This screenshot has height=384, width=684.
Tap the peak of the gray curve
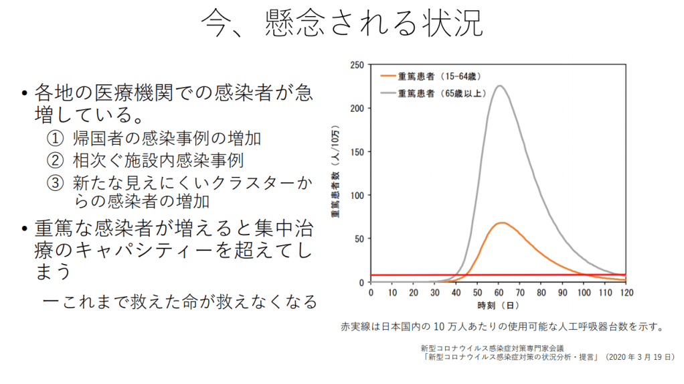pyautogui.click(x=499, y=86)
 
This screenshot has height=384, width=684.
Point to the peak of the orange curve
pyautogui.click(x=501, y=222)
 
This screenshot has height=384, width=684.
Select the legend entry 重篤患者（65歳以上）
pyautogui.click(x=440, y=92)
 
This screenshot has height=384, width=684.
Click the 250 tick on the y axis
pyautogui.click(x=357, y=65)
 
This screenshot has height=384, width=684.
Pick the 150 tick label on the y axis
pyautogui.click(x=357, y=151)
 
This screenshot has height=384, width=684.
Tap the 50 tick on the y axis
pyautogui.click(x=359, y=239)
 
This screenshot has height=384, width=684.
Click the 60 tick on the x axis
pyautogui.click(x=499, y=293)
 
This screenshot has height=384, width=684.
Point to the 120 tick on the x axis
pyautogui.click(x=626, y=293)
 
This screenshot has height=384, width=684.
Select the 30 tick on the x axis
pyautogui.click(x=435, y=293)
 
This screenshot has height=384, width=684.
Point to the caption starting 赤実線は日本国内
pyautogui.click(x=502, y=328)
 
